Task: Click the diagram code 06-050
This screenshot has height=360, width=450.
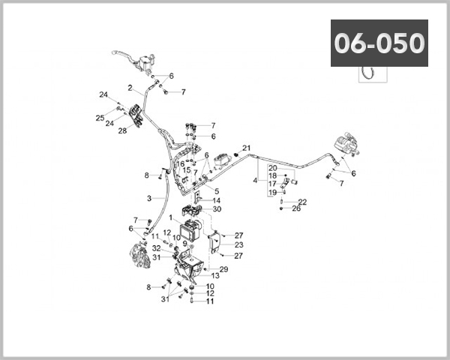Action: [379, 43]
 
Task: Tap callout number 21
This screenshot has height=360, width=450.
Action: [246, 148]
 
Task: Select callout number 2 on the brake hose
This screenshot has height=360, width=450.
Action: [130, 88]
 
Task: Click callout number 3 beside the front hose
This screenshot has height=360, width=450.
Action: [149, 198]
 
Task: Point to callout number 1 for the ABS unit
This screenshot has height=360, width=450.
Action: [171, 217]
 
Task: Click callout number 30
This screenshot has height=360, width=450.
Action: [217, 209]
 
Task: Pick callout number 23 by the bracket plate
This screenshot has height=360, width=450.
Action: [238, 245]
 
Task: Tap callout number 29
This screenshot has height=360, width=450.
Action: [223, 269]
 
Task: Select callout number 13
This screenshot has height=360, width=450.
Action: [215, 275]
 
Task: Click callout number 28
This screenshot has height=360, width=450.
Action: [122, 131]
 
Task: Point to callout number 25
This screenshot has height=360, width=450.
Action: [100, 118]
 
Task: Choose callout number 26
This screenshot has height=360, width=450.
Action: [296, 208]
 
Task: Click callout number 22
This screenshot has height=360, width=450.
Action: [302, 202]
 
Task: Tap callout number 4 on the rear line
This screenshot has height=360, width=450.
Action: [255, 181]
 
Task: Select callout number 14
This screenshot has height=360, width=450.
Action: [217, 200]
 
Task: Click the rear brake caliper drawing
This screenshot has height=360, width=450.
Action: [347, 143]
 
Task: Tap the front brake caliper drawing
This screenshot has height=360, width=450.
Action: [140, 255]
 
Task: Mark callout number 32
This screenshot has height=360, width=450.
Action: [157, 248]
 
